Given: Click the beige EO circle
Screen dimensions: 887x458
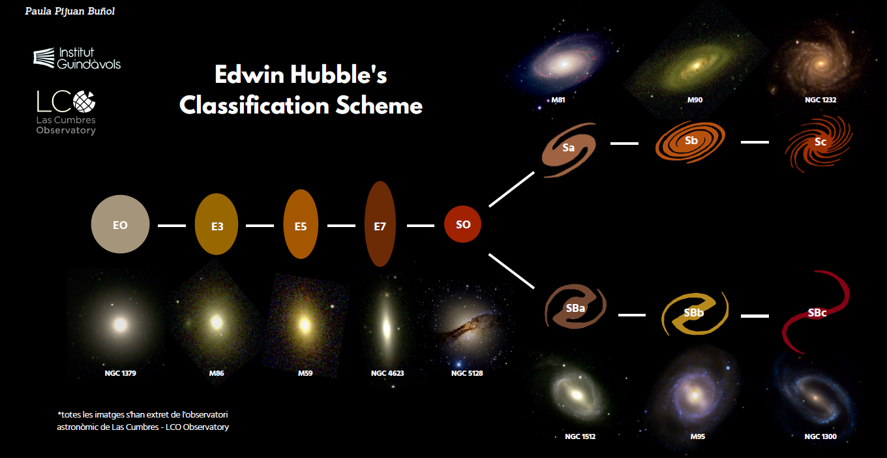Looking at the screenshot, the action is click(121, 224).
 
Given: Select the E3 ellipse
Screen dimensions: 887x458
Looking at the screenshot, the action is click(217, 224).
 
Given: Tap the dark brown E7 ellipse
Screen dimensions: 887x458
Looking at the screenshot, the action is click(380, 224).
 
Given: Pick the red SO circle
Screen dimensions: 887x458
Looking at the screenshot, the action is click(462, 224).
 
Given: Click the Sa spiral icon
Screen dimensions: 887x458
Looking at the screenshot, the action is click(569, 149).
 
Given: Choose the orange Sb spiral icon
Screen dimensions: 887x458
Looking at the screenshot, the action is click(691, 142).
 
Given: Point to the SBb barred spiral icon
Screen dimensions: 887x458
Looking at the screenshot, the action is click(695, 314).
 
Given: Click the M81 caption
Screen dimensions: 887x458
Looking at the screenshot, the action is click(558, 100).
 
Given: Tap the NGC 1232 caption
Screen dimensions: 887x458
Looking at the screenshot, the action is click(820, 100).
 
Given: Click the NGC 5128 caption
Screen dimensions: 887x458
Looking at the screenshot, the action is click(467, 373).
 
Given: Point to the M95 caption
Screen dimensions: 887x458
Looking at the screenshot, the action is click(698, 436).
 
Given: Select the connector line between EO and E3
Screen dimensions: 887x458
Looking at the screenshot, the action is click(172, 226).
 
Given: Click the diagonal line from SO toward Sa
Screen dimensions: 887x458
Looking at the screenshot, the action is click(511, 189).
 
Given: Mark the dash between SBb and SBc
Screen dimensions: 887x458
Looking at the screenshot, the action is click(755, 316).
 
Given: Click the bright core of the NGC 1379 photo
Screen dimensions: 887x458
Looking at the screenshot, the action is click(121, 325).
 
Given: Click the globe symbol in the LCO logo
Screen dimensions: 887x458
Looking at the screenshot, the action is click(84, 101).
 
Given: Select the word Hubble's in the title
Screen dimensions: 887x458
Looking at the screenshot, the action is click(338, 74).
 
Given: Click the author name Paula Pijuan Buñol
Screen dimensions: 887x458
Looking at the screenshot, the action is click(70, 11).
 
